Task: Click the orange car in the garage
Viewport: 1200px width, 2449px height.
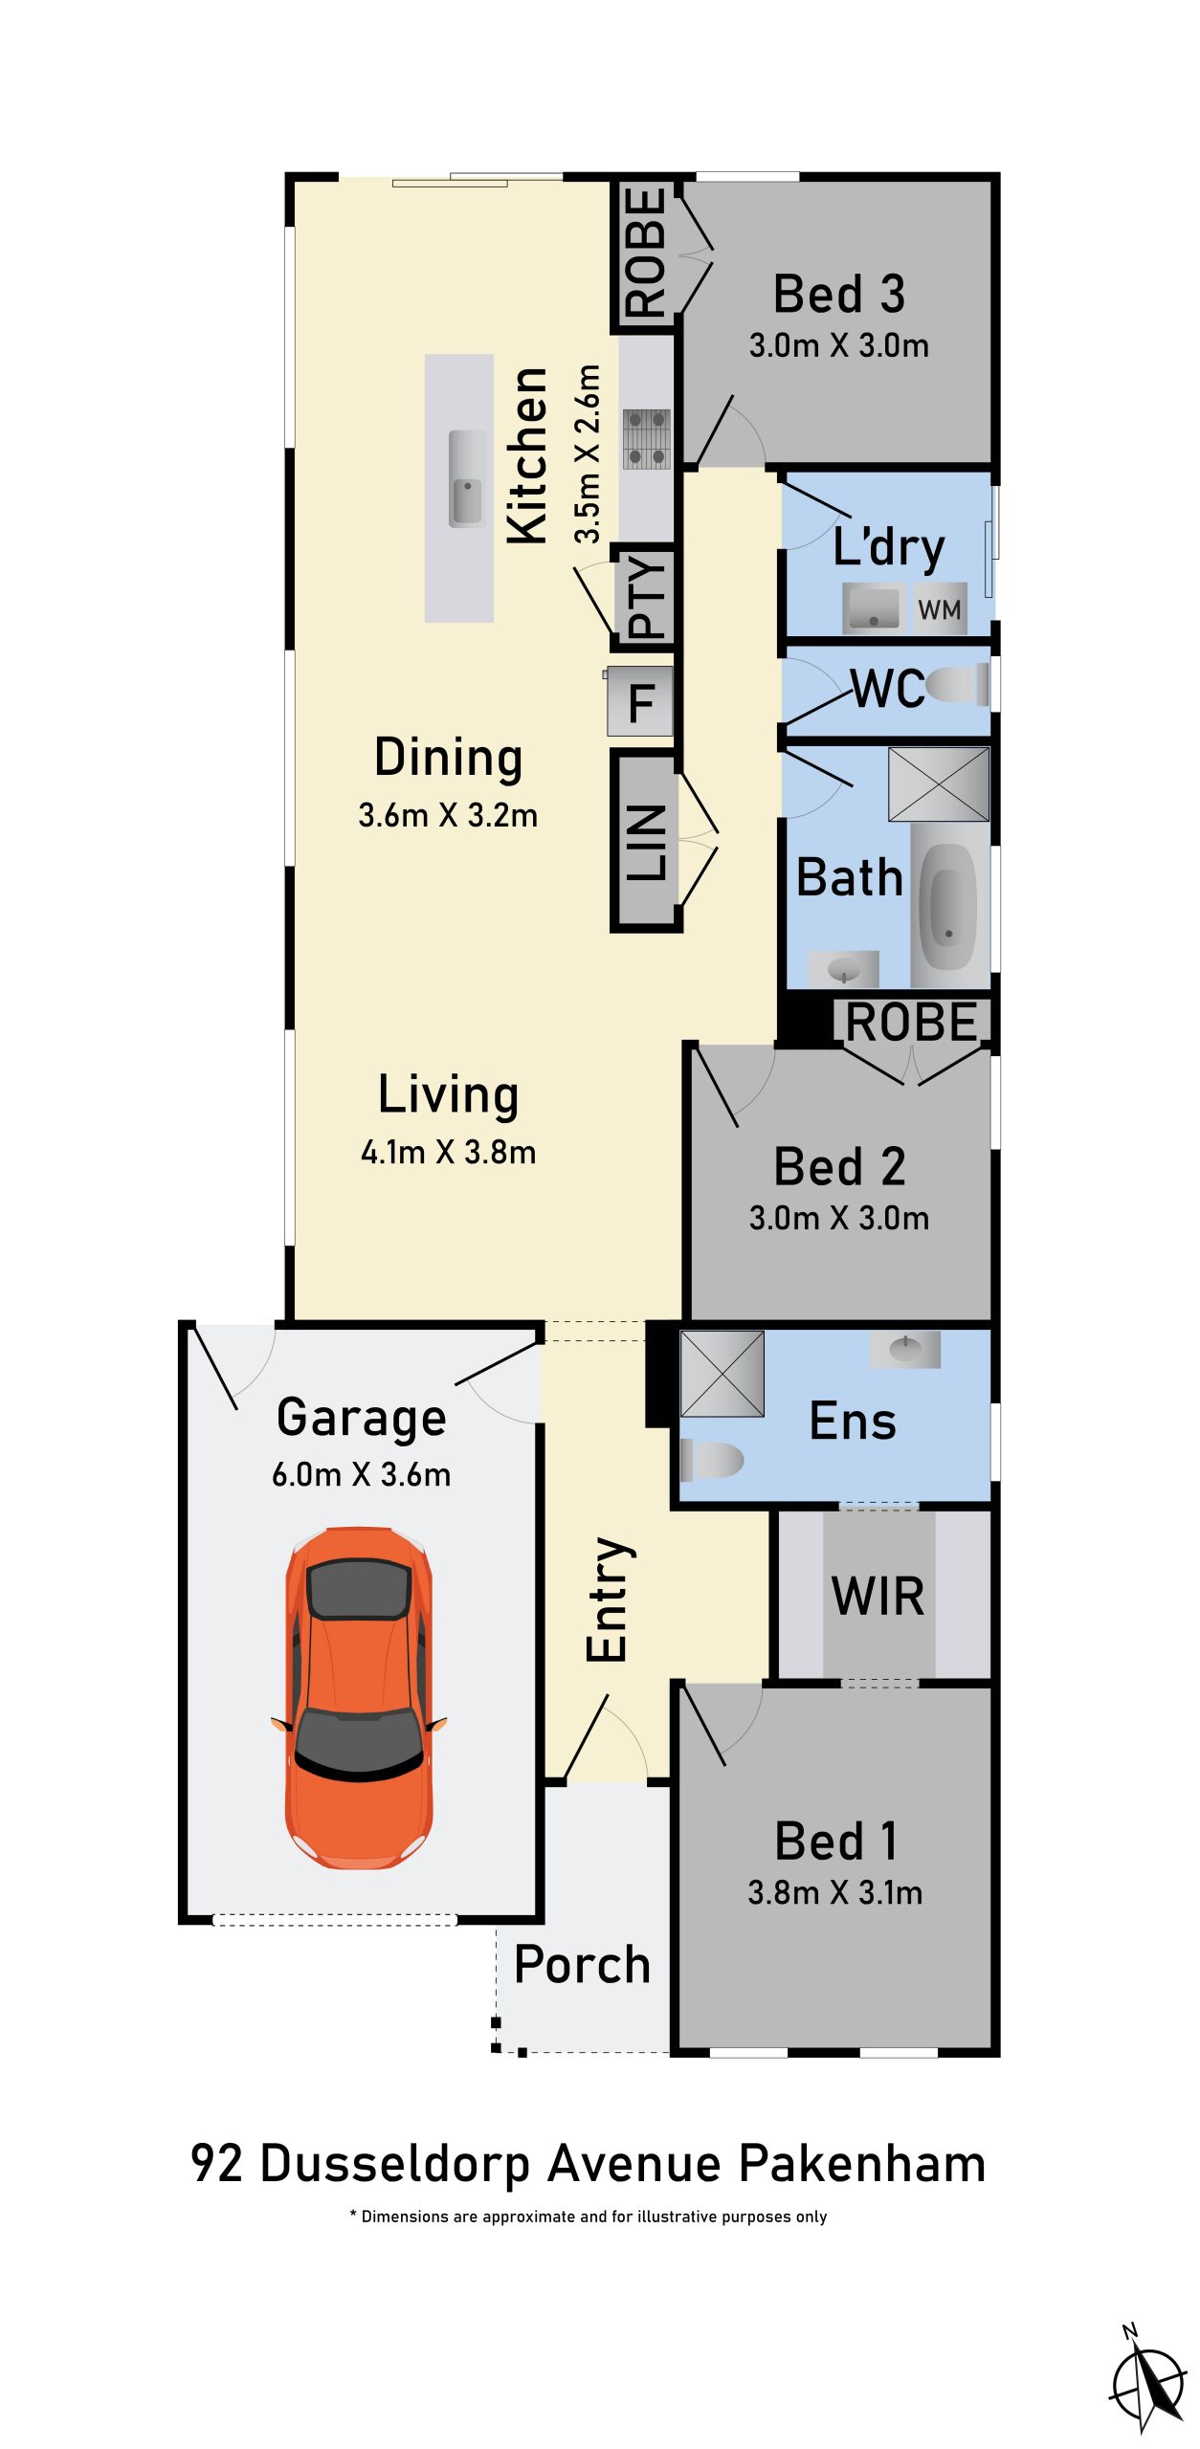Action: (x=359, y=1697)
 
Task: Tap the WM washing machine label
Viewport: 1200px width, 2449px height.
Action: (x=939, y=609)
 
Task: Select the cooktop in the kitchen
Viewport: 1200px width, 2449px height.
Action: (x=647, y=439)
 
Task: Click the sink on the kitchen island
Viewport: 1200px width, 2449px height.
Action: (x=467, y=478)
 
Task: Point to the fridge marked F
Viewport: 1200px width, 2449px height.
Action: (x=640, y=701)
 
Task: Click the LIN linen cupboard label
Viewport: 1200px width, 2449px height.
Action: (x=647, y=842)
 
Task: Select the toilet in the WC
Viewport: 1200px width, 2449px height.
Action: (x=957, y=686)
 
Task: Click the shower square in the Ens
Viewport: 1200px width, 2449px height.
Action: (x=722, y=1374)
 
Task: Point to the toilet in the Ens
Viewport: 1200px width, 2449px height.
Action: (x=711, y=1460)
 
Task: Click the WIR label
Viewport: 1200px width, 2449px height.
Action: (x=878, y=1596)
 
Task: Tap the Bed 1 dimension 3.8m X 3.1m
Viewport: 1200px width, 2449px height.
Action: (x=835, y=1892)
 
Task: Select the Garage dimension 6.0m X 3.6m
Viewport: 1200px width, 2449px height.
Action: (x=362, y=1474)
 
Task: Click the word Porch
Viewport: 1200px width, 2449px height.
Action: (x=582, y=1964)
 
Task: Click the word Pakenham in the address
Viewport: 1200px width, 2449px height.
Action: (x=863, y=2164)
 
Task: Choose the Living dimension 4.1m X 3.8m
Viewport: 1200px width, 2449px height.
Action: (x=448, y=1152)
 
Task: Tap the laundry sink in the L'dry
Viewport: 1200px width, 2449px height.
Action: (x=873, y=608)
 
